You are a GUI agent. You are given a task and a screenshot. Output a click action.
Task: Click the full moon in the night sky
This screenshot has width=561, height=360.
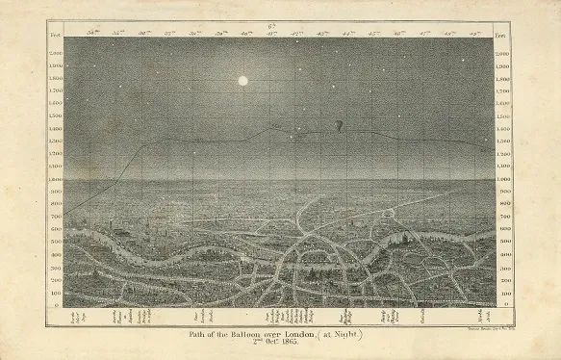click(x=242, y=81)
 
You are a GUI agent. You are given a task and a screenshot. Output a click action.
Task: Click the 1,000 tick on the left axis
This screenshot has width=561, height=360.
click(x=55, y=179)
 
